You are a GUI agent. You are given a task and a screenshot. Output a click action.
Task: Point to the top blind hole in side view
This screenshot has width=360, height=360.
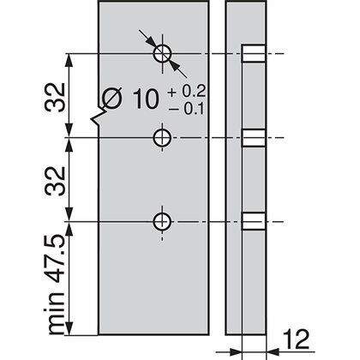point(250,55)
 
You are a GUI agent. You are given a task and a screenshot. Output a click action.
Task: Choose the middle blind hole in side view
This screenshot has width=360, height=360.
point(250,137)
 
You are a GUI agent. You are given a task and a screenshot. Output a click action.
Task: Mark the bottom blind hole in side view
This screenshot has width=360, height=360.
point(250,221)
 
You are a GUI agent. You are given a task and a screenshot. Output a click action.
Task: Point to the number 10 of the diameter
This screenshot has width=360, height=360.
point(147,100)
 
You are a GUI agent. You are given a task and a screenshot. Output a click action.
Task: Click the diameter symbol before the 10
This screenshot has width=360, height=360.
point(112,101)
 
